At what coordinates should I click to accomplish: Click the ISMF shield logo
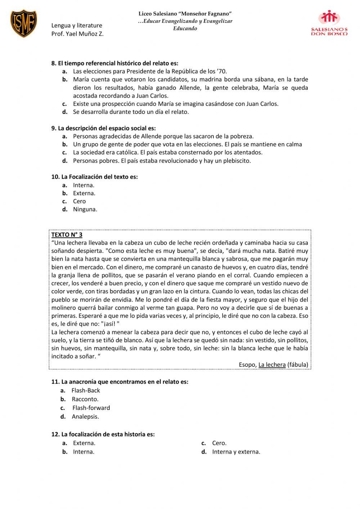23,23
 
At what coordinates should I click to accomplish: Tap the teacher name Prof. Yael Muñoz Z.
77,34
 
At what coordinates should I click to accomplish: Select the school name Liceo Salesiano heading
185,13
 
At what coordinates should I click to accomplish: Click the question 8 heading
115,63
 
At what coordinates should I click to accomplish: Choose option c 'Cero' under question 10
79,201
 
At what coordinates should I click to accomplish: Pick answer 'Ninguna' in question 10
85,209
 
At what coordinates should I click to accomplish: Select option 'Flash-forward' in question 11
91,408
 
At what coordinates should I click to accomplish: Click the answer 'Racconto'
85,399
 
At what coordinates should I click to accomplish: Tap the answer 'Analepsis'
85,416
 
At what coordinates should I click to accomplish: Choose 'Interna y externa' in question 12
236,452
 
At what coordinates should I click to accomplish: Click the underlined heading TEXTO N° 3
67,235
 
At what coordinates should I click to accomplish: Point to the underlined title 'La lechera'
272,365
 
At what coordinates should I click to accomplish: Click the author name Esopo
247,365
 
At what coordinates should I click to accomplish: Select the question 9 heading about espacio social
104,128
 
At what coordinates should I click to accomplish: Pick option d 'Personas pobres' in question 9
162,161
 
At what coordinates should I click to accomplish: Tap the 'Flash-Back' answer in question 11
86,390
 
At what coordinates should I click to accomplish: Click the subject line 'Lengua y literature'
77,25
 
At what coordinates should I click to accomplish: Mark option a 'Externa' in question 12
84,443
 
